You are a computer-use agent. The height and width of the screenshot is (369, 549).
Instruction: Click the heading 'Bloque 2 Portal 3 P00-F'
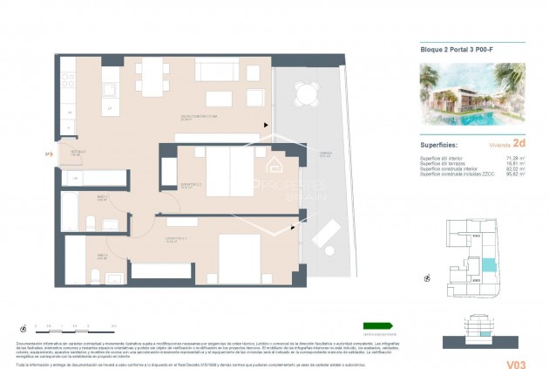(x=451, y=50)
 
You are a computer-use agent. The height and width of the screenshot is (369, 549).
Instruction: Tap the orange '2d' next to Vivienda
(x=518, y=142)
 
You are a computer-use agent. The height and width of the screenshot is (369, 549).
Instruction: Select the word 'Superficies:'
(x=439, y=144)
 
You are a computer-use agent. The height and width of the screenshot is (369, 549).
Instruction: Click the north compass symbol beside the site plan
(x=428, y=278)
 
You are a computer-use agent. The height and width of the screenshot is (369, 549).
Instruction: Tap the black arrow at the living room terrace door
(x=266, y=124)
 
